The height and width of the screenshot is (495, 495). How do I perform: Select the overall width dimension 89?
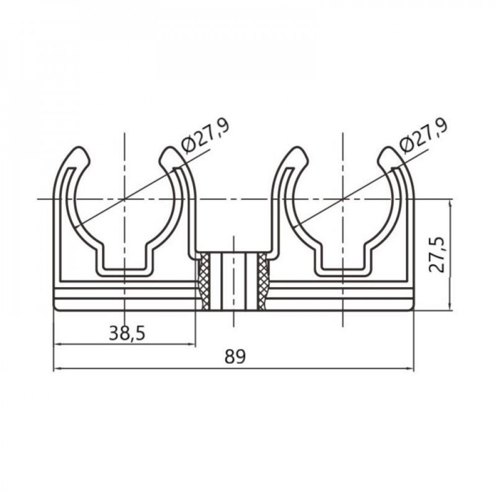[235, 356]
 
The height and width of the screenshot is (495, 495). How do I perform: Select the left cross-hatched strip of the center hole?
[203, 281]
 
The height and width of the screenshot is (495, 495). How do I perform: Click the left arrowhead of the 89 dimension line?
[56, 368]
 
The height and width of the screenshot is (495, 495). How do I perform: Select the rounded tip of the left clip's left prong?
[79, 154]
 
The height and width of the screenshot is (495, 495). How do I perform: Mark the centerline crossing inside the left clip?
[125, 199]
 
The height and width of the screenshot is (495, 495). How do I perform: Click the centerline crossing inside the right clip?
[343, 199]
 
